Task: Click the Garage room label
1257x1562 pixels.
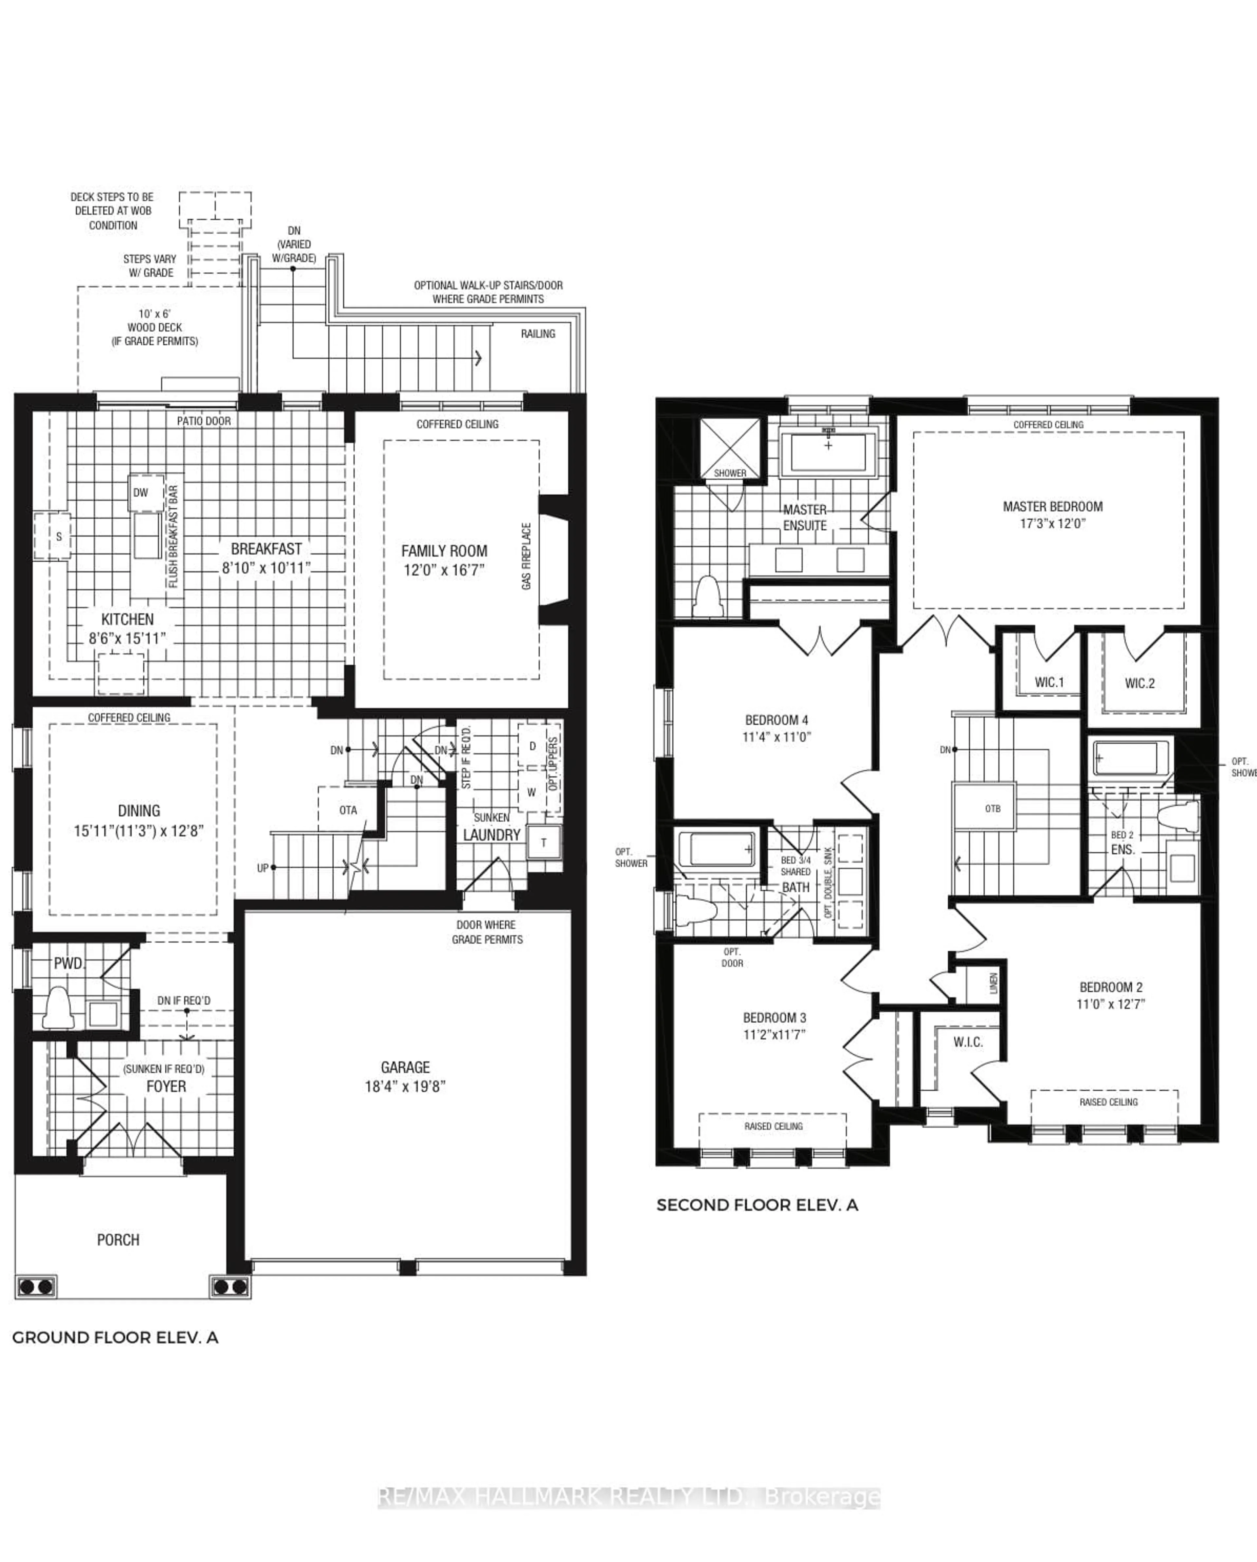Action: [x=405, y=1067]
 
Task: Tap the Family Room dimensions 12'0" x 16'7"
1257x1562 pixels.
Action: [x=444, y=570]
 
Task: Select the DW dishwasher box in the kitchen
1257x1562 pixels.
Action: [x=140, y=493]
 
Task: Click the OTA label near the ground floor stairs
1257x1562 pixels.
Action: [x=348, y=810]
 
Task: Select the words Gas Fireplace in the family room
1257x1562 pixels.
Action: [x=527, y=556]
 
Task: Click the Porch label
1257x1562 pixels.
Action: [x=118, y=1240]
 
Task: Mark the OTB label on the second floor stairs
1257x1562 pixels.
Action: [x=993, y=808]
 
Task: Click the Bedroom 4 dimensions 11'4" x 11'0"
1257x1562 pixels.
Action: [x=776, y=737]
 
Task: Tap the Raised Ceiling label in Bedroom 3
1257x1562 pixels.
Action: [x=773, y=1126]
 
